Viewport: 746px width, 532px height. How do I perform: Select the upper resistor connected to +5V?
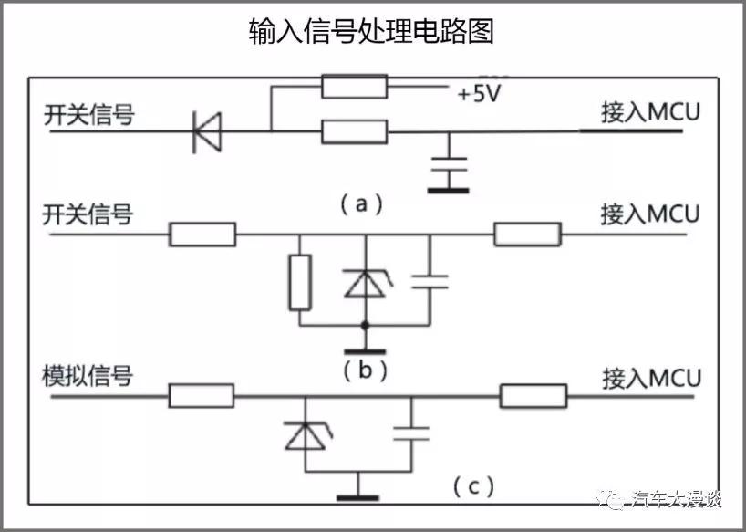point(354,88)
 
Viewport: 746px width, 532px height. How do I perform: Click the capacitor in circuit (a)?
point(448,168)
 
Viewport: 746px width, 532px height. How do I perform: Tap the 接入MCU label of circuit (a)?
point(649,113)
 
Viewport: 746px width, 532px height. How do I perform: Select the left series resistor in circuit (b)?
point(202,235)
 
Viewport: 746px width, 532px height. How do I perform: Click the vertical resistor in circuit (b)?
point(300,282)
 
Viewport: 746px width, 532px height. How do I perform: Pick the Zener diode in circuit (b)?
point(365,283)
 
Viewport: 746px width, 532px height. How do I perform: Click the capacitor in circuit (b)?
point(430,281)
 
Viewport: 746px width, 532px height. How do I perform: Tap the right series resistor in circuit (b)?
point(527,235)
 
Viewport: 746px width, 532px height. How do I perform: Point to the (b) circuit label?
point(365,370)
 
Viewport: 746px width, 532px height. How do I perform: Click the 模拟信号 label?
point(88,376)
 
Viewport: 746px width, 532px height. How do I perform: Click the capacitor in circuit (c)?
point(411,433)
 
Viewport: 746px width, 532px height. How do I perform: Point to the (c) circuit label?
point(473,486)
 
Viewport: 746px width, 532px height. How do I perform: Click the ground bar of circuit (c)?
point(357,497)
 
